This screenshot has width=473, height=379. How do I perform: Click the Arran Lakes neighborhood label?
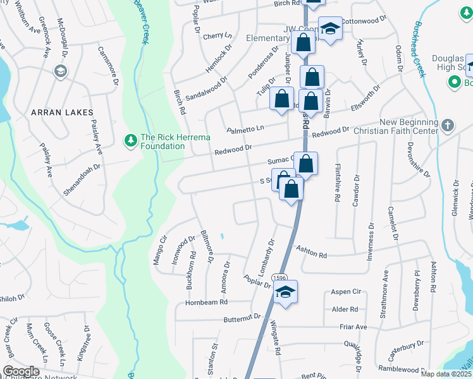pyautogui.click(x=57, y=112)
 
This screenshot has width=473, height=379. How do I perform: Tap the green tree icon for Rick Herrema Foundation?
pyautogui.click(x=132, y=139)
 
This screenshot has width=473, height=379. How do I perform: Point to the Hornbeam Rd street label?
pyautogui.click(x=206, y=303)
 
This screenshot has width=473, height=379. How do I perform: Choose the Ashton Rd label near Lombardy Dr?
pyautogui.click(x=314, y=255)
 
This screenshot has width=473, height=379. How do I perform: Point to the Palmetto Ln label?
pyautogui.click(x=246, y=129)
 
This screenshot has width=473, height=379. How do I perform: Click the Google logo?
pyautogui.click(x=20, y=371)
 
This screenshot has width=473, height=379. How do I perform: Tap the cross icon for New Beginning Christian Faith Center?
pyautogui.click(x=448, y=124)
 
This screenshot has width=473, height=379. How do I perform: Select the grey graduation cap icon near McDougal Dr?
pyautogui.click(x=61, y=71)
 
